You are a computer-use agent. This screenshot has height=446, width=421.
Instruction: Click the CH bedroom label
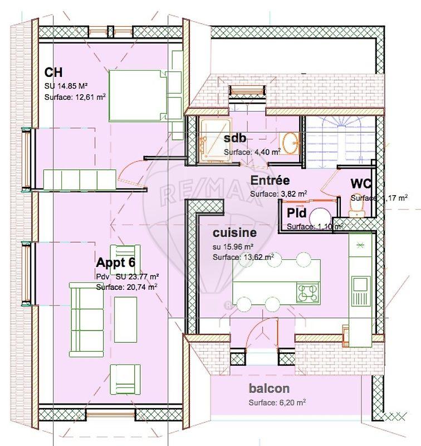click(x=53, y=73)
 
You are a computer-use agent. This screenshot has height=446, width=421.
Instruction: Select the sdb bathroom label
click(x=235, y=139)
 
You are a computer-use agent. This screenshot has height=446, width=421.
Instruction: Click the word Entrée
click(x=270, y=181)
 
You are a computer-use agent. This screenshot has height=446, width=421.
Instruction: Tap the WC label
click(x=361, y=183)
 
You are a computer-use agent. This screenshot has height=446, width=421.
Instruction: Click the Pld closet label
click(x=296, y=212)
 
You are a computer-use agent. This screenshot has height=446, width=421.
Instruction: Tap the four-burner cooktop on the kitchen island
click(x=309, y=292)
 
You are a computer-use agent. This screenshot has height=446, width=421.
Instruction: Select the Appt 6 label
click(x=116, y=263)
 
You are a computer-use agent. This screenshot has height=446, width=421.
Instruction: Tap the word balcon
click(x=269, y=389)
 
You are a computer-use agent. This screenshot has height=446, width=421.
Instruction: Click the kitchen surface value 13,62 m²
click(x=243, y=258)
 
